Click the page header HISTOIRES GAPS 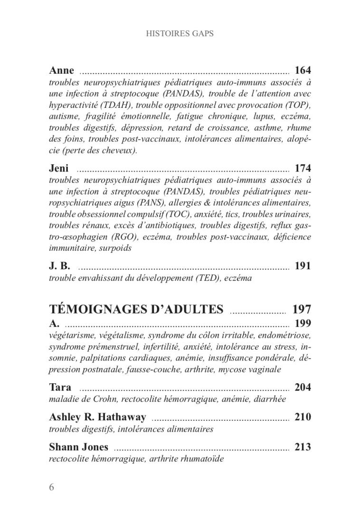click(180, 34)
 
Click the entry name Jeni click(59, 168)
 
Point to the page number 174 click(303, 168)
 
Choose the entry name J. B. click(59, 266)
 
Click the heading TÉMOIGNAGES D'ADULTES click(136, 310)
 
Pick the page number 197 click(302, 310)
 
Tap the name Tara click(60, 387)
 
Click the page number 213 click(303, 447)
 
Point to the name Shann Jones click(78, 447)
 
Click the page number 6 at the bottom click(52, 488)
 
